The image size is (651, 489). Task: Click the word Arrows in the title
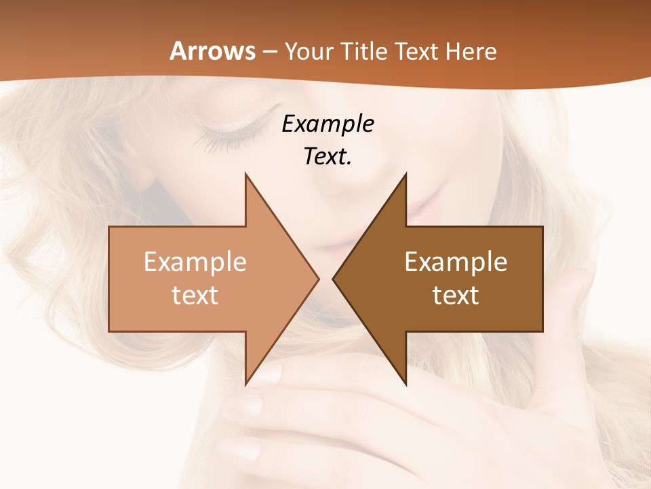coord(212,51)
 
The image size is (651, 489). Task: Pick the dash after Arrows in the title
coord(269,52)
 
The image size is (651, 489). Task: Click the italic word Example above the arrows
coord(328,124)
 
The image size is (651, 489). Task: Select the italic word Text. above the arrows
coord(328,156)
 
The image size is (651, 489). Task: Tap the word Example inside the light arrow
coord(195,261)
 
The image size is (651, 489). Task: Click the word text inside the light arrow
coord(195,295)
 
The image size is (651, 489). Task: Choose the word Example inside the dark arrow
coord(456,261)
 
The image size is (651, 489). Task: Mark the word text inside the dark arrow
coord(456,295)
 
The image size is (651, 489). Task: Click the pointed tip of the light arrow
coord(318,278)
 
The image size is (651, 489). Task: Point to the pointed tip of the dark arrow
coord(334,278)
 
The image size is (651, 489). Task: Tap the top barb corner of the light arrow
coord(245,174)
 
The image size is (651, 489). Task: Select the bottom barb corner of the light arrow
coord(245,384)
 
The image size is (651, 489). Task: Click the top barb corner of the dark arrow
coord(406,174)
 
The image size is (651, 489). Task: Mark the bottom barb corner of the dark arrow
coord(406,384)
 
